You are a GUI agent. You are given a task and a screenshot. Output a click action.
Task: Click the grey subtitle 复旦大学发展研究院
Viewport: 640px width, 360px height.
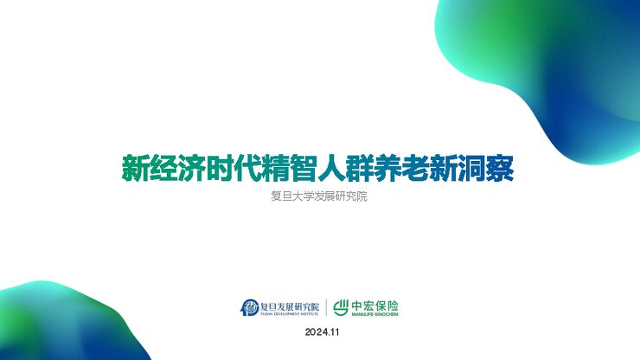point(319,196)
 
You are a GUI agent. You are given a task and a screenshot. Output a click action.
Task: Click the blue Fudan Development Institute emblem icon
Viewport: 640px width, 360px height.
point(250,306)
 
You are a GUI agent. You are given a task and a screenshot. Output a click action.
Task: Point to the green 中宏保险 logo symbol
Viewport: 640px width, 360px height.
point(341,306)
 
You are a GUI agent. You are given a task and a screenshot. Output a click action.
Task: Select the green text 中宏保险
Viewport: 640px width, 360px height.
point(375,304)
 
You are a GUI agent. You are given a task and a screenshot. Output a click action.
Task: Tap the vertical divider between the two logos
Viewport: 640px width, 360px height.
point(326,306)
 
